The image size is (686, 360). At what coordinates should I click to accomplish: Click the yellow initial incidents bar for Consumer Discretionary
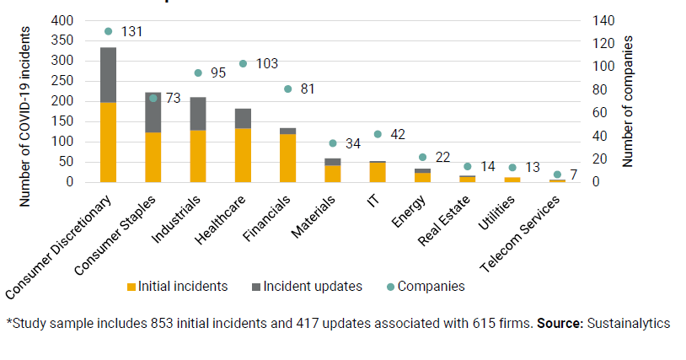tap(108, 142)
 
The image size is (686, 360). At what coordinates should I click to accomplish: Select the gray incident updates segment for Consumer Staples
tap(153, 112)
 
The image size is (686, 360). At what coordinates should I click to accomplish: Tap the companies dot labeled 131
tap(108, 31)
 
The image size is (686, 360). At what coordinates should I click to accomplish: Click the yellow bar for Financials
tap(287, 158)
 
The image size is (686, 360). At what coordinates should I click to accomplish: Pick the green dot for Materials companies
tap(332, 143)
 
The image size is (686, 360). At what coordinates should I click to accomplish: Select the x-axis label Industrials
tap(179, 219)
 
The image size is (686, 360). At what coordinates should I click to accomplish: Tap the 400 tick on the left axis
tap(64, 20)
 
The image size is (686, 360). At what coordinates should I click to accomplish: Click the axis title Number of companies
tap(628, 101)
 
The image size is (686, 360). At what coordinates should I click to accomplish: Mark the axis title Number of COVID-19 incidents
tap(24, 116)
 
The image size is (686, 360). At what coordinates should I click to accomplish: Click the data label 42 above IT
tap(396, 135)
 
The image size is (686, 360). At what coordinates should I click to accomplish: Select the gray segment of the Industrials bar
tap(197, 114)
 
